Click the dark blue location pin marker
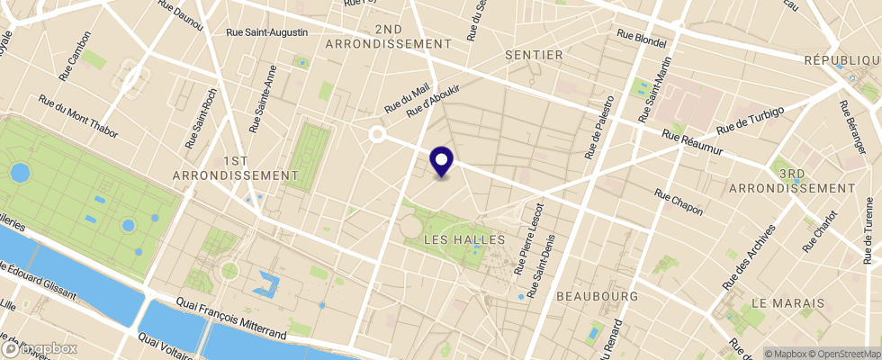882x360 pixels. point(442,162)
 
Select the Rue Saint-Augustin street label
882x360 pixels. point(266,32)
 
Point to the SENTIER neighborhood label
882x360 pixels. point(534,55)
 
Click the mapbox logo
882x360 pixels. point(40,348)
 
